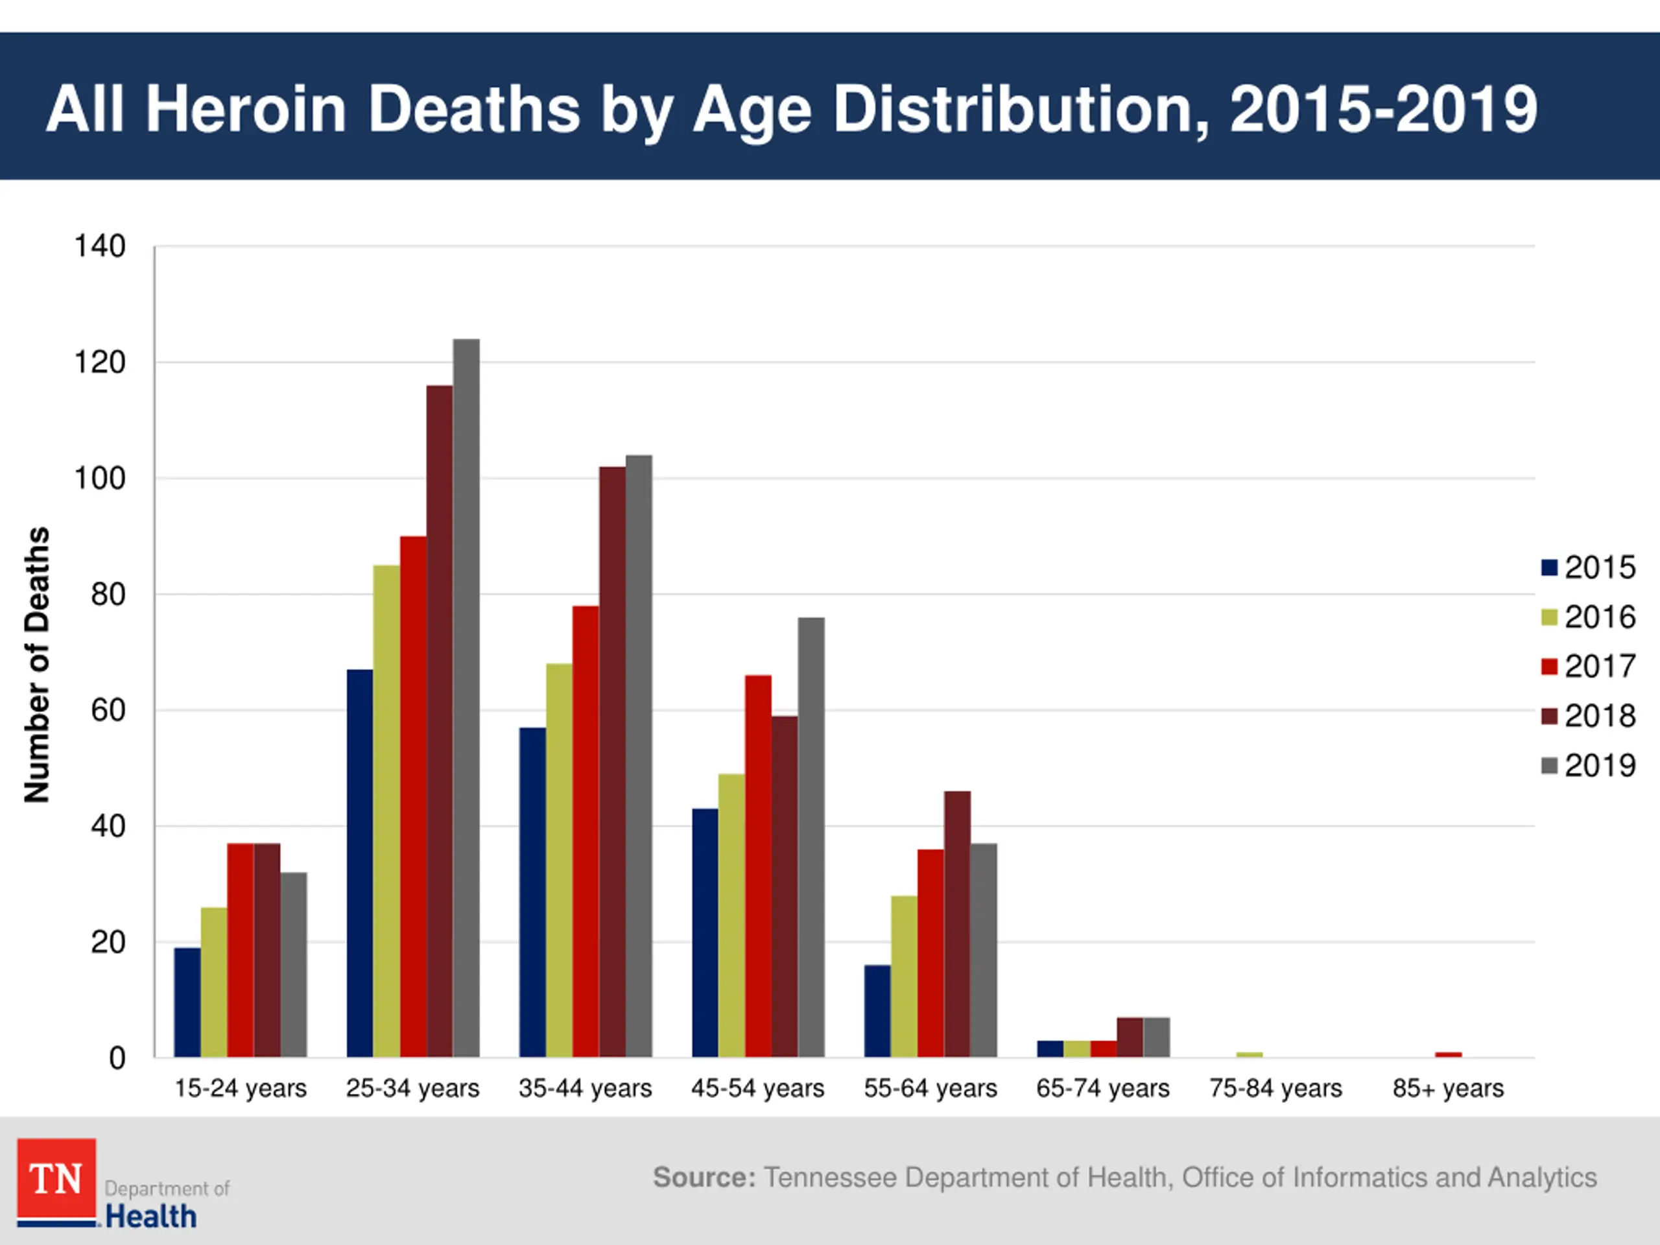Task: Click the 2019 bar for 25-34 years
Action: click(466, 698)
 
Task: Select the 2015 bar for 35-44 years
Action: click(532, 892)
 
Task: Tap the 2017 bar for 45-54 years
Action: click(758, 866)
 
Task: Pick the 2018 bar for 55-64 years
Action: click(957, 924)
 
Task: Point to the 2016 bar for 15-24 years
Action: click(214, 982)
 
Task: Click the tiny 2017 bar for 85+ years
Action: click(1449, 1054)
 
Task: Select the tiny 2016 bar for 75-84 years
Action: click(1250, 1054)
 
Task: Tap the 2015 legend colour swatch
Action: click(1549, 567)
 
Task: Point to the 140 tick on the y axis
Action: click(100, 246)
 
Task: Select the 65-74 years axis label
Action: click(1102, 1088)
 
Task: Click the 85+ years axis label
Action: click(1447, 1088)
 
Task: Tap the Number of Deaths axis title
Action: click(37, 664)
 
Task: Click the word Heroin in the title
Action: click(245, 109)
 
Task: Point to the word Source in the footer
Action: click(703, 1178)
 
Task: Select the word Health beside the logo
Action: click(151, 1216)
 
